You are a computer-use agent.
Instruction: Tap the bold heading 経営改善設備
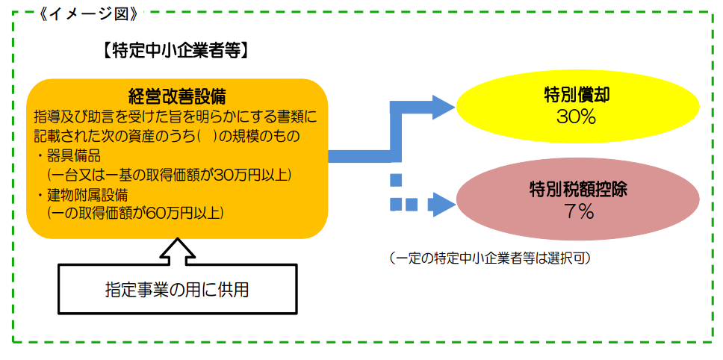coord(177,96)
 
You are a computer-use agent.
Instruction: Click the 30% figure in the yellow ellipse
coord(577,117)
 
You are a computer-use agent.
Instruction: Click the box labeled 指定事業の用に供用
coord(177,288)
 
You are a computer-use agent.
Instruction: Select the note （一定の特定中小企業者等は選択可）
coord(490,259)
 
